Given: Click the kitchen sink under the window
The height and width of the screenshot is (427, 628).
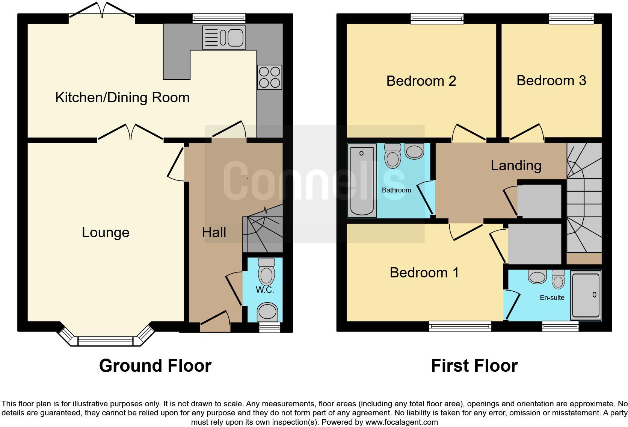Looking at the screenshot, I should [224, 37].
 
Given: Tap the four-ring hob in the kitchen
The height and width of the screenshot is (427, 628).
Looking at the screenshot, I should [269, 77].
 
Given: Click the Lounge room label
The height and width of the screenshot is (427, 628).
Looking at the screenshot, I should [106, 233].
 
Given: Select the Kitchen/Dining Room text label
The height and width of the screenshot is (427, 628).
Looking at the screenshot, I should [122, 98].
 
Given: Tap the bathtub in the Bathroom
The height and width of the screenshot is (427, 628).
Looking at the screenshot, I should [362, 180].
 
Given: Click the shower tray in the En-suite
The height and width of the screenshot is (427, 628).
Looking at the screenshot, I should [586, 295].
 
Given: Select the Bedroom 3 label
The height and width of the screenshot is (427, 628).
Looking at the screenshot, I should [551, 80].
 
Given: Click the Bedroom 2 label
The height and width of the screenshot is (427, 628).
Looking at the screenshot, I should [421, 81].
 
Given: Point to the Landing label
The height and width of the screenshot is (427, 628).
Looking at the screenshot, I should [516, 165].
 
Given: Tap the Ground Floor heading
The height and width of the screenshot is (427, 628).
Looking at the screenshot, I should [155, 365].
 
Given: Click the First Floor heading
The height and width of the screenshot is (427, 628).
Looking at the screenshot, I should [474, 365].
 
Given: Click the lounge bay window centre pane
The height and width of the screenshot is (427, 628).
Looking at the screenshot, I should [106, 341].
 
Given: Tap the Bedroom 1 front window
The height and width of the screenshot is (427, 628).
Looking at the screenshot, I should [460, 326].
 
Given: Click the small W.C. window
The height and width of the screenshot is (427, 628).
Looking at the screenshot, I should [270, 328].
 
